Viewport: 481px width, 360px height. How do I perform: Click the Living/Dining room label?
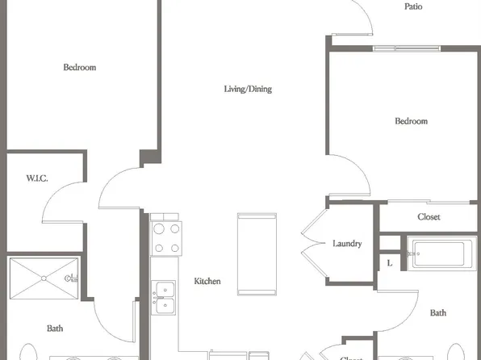coord(248,89)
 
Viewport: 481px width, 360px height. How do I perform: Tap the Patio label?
coord(413,6)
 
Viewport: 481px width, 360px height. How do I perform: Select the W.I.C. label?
coord(37,178)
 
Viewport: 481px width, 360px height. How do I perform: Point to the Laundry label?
coord(347,244)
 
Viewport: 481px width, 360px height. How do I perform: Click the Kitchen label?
coord(207,281)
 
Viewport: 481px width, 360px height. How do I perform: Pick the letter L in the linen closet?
coord(390,263)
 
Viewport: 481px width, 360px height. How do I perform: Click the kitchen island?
coord(257,254)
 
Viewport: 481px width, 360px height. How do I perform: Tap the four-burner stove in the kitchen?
coord(166,238)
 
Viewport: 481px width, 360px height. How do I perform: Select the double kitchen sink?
coord(164,297)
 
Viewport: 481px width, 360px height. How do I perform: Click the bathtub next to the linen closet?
coord(441,253)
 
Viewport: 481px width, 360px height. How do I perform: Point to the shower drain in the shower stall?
coord(44,278)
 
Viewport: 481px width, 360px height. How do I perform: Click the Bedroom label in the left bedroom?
coord(80,67)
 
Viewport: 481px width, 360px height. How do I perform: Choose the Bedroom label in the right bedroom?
coord(412,121)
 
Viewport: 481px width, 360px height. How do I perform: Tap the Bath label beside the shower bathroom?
coord(55,329)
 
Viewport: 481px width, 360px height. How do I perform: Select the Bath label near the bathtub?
coord(438,312)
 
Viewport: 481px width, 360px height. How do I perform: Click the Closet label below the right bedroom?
coord(429,217)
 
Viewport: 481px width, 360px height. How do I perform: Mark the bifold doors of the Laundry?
coord(313,244)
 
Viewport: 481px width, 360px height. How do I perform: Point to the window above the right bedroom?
coord(407,48)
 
